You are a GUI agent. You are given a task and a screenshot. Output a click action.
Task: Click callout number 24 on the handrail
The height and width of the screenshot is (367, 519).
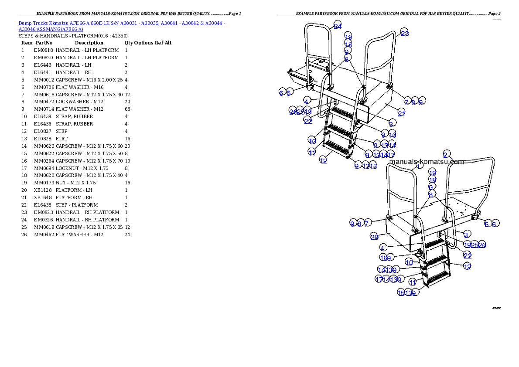click(x=338, y=25)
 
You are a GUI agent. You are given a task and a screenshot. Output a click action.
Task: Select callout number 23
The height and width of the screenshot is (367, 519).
click(x=405, y=33)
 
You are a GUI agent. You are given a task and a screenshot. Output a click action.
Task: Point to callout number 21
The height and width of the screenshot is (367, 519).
click(x=402, y=113)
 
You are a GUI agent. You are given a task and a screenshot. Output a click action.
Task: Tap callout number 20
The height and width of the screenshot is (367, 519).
click(x=374, y=237)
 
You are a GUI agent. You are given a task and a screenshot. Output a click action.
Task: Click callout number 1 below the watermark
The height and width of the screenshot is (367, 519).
click(x=418, y=166)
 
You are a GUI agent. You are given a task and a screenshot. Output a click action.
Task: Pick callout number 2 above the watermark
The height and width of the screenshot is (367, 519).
click(x=446, y=155)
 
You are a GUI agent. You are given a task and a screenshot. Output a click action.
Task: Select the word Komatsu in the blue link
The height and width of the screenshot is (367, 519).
click(x=59, y=23)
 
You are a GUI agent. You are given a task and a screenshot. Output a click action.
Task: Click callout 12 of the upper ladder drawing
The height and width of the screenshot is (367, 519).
click(x=323, y=160)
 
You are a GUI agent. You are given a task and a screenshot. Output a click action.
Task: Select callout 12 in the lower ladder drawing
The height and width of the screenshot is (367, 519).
click(x=467, y=266)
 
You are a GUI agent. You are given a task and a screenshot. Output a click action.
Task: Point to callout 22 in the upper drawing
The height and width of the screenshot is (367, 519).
click(x=308, y=121)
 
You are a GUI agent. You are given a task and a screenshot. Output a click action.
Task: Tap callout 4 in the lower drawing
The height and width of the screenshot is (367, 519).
click(x=382, y=248)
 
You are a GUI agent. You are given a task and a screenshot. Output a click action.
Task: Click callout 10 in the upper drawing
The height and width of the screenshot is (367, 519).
click(x=312, y=141)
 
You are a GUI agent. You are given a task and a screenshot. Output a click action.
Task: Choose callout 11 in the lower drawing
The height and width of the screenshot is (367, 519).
click(x=413, y=282)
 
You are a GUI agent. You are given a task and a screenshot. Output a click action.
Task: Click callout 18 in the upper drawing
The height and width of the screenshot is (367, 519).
click(x=348, y=44)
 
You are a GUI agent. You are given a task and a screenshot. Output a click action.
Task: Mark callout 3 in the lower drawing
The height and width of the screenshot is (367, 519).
click(x=466, y=234)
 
